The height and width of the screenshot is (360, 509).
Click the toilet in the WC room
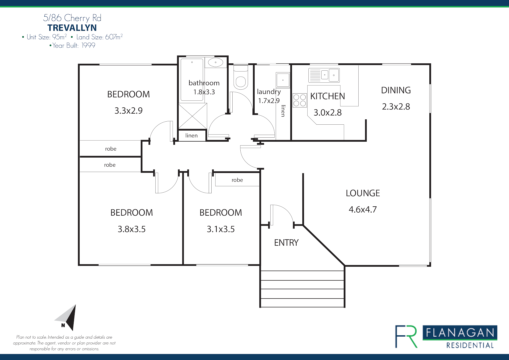(241, 77)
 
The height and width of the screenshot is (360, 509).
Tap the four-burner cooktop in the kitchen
(299, 100)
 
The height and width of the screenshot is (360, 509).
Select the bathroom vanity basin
(215, 62)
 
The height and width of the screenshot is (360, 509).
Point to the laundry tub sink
(283, 80)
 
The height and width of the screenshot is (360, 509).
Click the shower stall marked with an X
(193, 116)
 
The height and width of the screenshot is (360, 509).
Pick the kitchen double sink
(324, 75)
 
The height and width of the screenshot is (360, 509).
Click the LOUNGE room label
(363, 193)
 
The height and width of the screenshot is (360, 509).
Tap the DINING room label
(396, 90)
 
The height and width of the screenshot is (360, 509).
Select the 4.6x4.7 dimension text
(363, 209)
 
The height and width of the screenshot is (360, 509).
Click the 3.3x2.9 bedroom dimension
(128, 111)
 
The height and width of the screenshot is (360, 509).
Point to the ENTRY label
(286, 243)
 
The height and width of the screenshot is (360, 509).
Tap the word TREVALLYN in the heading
(72, 28)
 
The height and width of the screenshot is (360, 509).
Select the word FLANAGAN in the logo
(460, 333)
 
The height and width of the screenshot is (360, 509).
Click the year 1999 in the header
(88, 45)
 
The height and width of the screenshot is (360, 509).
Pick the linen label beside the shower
(191, 135)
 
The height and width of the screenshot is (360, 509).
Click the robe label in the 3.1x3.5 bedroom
(237, 180)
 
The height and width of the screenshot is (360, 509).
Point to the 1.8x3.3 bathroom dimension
(204, 92)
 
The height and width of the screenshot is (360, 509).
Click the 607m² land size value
(114, 37)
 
